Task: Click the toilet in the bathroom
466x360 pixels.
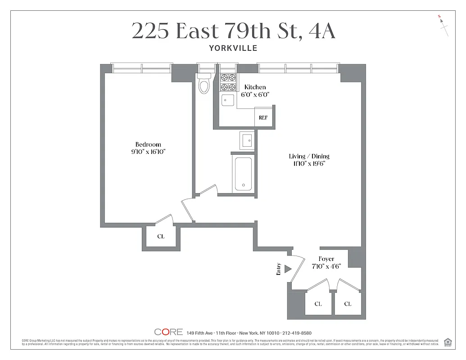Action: [204, 85]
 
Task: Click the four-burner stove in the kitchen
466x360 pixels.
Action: [228, 82]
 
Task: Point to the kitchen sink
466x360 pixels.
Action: [227, 100]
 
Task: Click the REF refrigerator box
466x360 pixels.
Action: [263, 117]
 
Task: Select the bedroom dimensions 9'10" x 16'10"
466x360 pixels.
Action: [145, 152]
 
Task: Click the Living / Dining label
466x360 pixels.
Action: [309, 156]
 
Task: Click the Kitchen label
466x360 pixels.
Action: [255, 87]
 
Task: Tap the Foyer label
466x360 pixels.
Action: [326, 259]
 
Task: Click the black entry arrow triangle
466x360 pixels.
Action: [288, 269]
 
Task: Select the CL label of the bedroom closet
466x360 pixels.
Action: [161, 236]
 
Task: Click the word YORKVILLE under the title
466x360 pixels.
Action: [233, 48]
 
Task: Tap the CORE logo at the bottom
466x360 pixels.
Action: [168, 332]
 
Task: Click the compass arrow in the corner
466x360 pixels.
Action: [444, 27]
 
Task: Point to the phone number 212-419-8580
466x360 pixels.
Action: [297, 333]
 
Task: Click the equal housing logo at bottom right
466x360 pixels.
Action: [448, 342]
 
